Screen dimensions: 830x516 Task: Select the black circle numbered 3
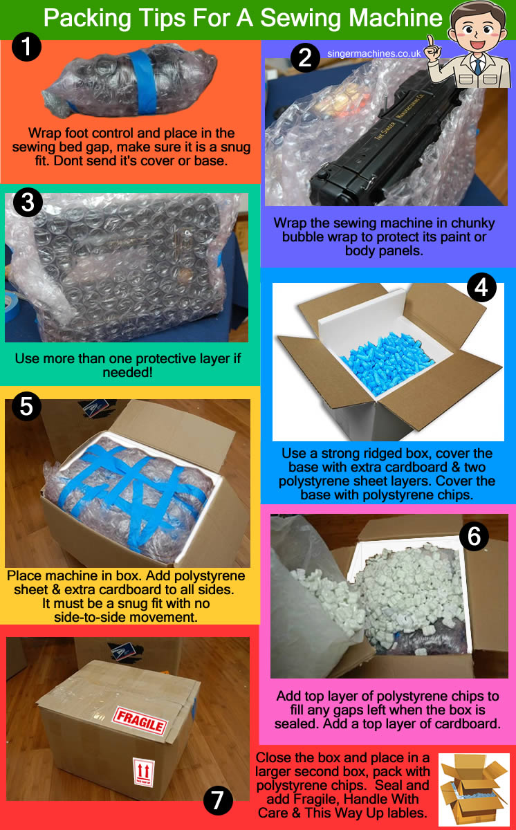point(28,202)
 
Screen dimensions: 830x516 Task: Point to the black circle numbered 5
point(26,407)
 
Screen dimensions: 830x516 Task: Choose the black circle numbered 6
point(474,537)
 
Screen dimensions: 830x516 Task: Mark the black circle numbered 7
point(218,800)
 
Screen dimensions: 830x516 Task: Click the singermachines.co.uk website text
point(374,53)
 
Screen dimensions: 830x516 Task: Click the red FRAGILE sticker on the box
point(140,720)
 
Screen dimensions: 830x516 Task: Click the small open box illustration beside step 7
point(474,788)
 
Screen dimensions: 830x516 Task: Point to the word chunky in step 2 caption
point(472,223)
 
